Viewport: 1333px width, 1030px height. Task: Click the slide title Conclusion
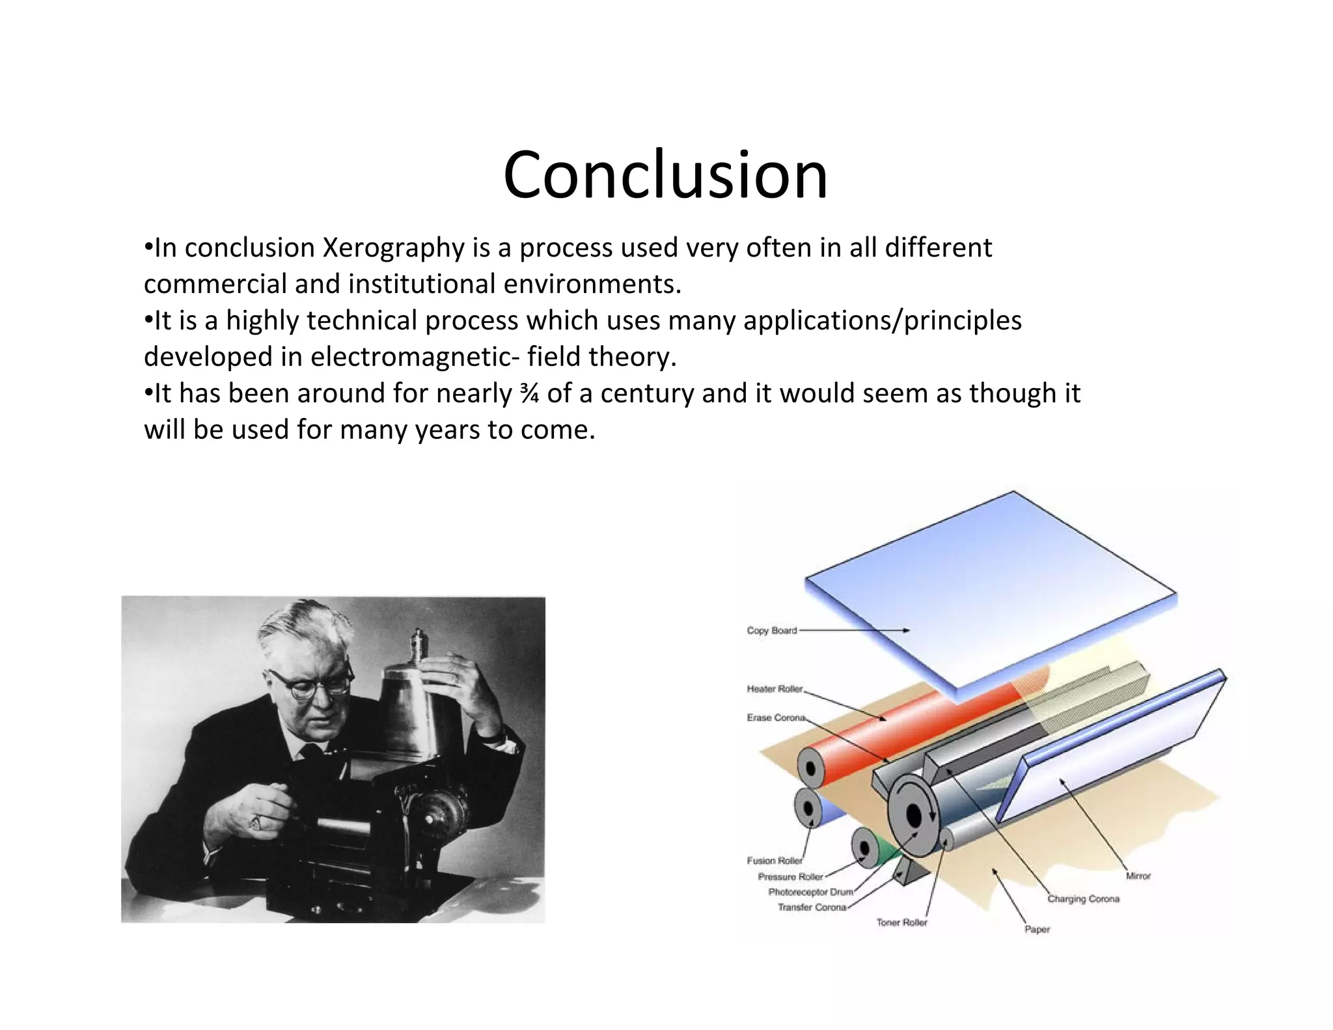coord(665,174)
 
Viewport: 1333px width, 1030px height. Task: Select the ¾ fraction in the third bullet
coord(529,394)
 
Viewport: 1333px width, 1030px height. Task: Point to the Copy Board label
coord(771,630)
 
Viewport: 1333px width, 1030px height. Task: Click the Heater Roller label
coord(774,689)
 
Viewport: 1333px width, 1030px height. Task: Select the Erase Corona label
coord(775,717)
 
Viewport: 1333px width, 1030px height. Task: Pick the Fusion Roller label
coord(774,861)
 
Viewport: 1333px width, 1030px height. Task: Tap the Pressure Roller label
coord(790,877)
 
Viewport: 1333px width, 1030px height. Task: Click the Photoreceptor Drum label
coord(810,892)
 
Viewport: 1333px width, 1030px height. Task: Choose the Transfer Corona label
coord(812,908)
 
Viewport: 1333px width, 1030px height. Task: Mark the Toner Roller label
coord(901,923)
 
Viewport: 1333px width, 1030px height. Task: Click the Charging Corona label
coord(1083,899)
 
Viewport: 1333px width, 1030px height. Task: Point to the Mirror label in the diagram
coord(1138,876)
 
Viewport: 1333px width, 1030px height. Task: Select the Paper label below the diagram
coord(1037,930)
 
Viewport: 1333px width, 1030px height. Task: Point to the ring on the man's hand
coord(256,822)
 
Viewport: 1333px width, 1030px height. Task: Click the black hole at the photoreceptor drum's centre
coord(913,815)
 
